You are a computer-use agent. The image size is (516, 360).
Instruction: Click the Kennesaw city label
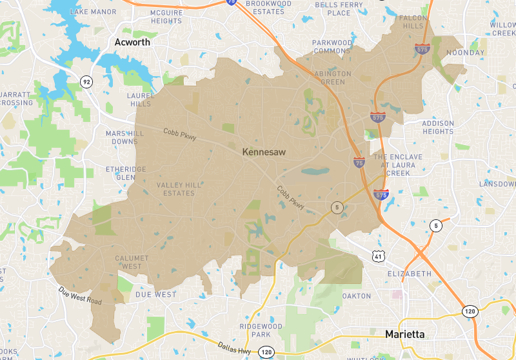(264, 152)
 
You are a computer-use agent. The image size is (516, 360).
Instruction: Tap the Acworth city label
(132, 43)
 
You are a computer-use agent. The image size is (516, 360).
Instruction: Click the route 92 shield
(86, 81)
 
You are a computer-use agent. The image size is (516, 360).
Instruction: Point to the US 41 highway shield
(377, 256)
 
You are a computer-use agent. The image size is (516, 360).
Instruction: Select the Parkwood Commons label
(333, 47)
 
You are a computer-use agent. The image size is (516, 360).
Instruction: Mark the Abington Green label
(332, 78)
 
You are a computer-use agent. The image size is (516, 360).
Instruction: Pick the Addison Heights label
(438, 127)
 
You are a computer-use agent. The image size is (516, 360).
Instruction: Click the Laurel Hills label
(140, 99)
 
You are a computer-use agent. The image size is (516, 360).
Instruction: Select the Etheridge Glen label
(126, 173)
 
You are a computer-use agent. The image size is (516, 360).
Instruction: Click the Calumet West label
(132, 262)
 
